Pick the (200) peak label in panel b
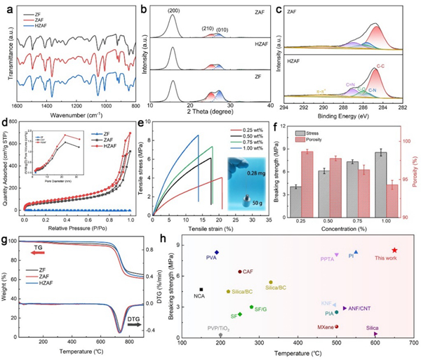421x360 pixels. [171, 10]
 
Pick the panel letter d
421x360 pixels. [5, 124]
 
